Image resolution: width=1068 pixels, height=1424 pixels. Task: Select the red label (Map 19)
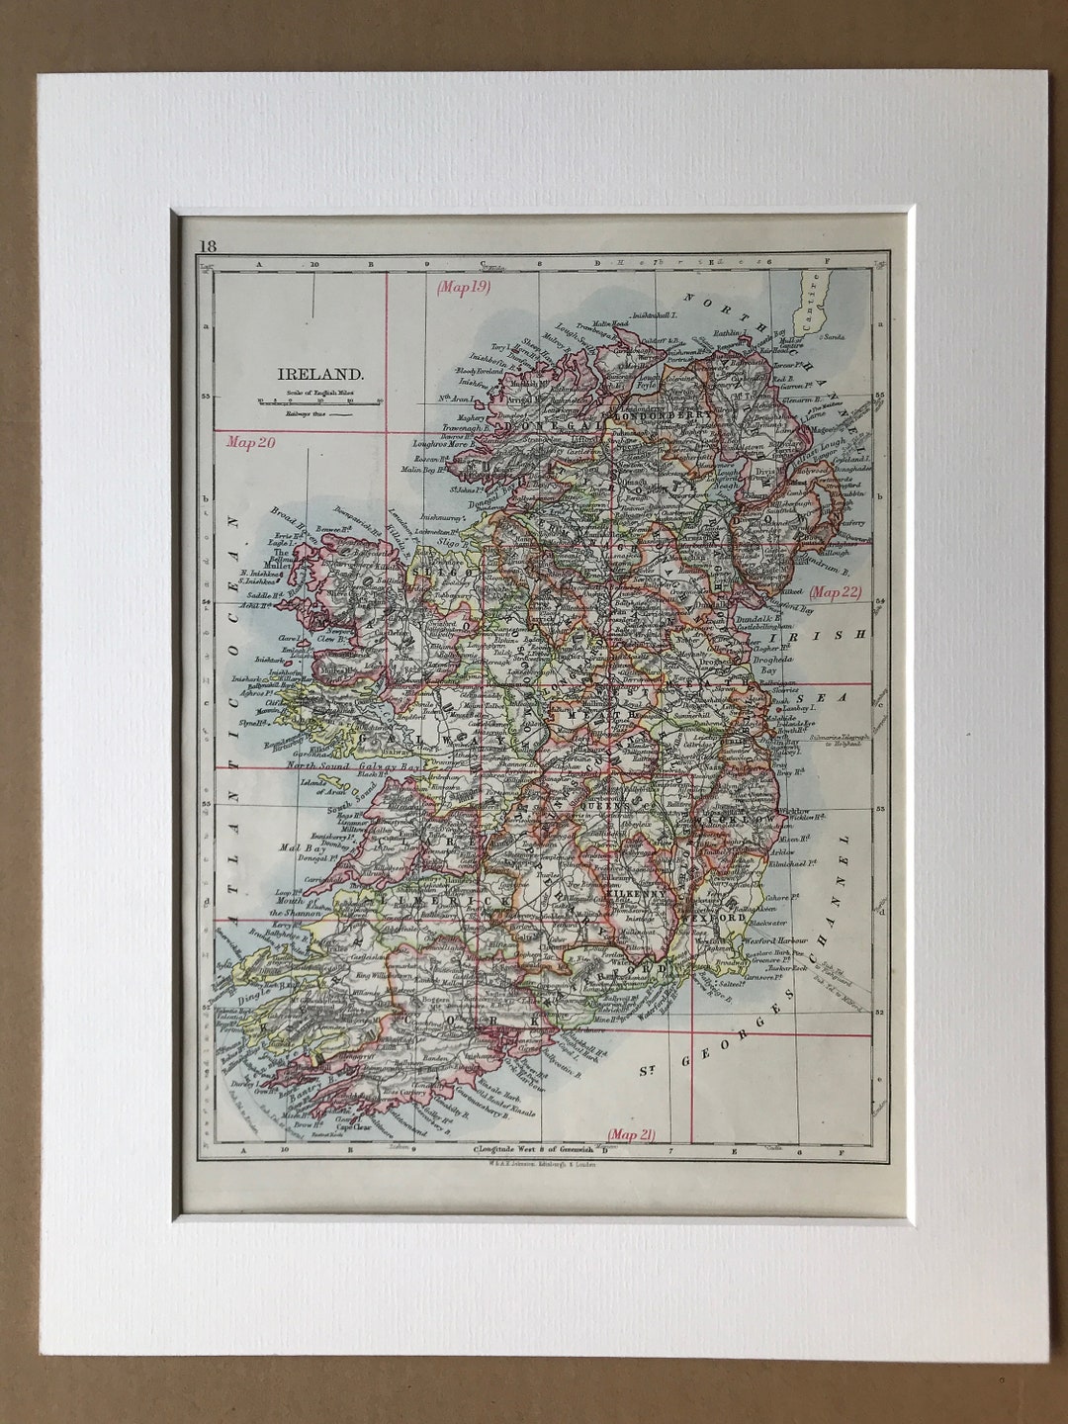tap(464, 288)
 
